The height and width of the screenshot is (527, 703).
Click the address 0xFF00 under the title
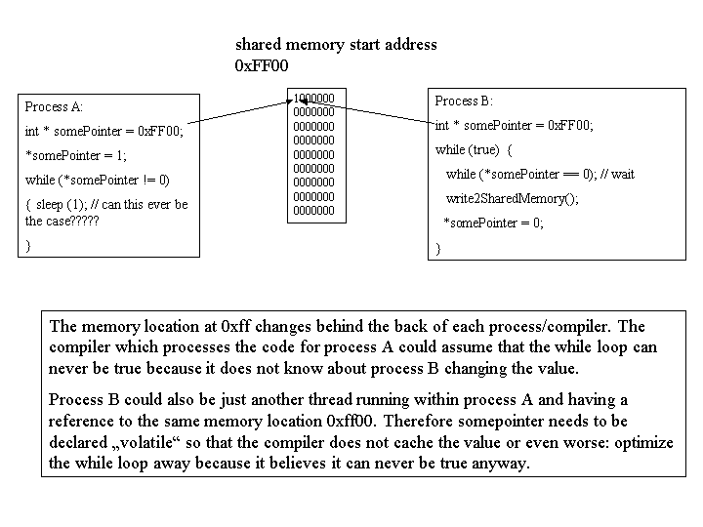tap(262, 66)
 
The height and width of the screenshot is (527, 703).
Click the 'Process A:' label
tap(54, 106)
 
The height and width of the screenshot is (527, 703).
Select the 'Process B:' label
tap(464, 101)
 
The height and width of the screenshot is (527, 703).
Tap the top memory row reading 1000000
tap(313, 99)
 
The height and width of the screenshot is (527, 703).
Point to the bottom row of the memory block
tap(313, 211)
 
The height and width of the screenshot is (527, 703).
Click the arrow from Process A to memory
tap(240, 111)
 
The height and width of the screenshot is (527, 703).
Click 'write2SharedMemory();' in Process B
tap(512, 198)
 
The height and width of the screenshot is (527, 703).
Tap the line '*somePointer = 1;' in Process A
tap(76, 155)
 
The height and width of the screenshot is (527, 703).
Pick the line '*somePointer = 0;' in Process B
tap(493, 223)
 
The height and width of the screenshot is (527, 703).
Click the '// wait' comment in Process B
tap(617, 174)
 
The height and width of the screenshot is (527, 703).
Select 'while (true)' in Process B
tap(467, 149)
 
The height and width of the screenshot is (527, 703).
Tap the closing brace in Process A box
tap(28, 246)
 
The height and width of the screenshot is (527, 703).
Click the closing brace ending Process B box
tap(438, 248)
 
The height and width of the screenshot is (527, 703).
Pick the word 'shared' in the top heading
tap(258, 44)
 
